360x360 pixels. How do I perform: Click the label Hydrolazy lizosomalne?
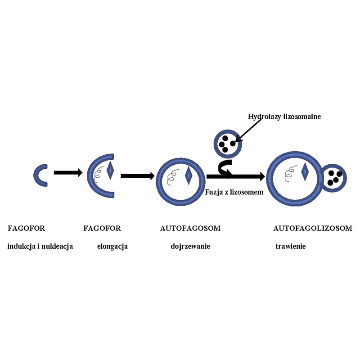(284, 117)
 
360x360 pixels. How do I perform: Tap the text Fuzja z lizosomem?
(234, 191)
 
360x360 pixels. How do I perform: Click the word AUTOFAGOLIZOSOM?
(313, 228)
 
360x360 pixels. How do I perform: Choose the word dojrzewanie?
(190, 247)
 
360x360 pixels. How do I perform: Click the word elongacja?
(112, 247)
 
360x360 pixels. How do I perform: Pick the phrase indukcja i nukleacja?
(40, 247)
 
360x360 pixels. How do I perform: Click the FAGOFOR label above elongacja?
(102, 228)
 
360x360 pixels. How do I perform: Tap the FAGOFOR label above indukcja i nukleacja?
(27, 228)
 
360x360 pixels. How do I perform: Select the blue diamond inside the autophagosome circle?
(189, 175)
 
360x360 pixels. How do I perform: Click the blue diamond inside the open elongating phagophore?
(110, 172)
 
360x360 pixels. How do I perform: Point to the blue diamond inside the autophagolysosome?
(305, 172)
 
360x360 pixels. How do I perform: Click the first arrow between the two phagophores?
(67, 172)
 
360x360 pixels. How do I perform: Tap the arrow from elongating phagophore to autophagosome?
(137, 176)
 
